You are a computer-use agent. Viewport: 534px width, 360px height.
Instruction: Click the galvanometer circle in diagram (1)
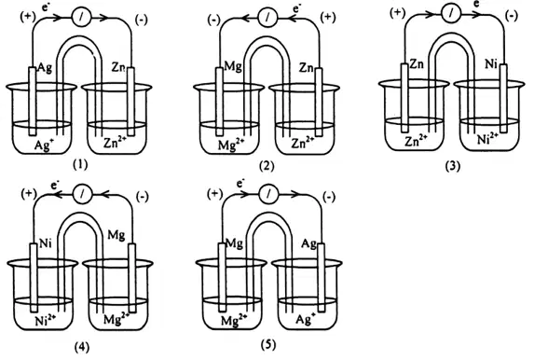(x=81, y=19)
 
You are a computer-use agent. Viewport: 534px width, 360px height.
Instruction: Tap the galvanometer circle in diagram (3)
(x=451, y=14)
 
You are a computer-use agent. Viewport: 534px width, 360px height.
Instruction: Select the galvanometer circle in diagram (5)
(x=268, y=194)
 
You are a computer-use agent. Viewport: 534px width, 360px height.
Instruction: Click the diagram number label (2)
(x=267, y=166)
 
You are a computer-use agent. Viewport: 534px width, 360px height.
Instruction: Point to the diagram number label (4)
(x=82, y=347)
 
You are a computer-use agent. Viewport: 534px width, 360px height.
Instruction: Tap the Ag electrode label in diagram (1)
(x=45, y=68)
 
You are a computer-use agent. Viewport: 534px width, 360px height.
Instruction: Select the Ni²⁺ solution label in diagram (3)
(x=488, y=139)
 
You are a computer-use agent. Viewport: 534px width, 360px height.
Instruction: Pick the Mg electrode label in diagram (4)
(x=116, y=236)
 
